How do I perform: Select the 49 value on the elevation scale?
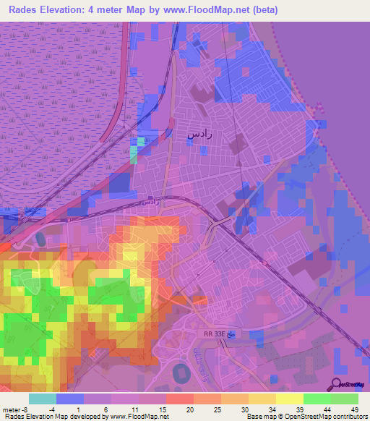355,409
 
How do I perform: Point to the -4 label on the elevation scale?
62,409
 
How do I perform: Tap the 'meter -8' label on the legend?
16,409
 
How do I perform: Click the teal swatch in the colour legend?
43,399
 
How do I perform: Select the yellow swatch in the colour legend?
290,399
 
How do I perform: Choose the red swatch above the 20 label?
180,399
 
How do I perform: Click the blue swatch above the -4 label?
70,399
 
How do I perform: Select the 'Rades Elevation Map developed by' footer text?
55,417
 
